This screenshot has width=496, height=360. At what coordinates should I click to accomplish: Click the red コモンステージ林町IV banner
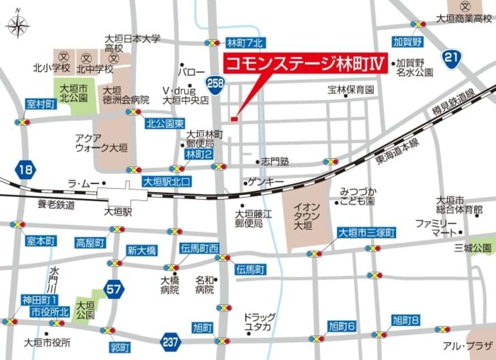coord(303,63)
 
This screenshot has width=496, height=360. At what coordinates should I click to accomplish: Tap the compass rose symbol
coord(18,25)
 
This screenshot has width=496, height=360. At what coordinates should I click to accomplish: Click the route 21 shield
coord(452,57)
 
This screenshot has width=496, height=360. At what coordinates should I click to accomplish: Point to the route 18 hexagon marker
coord(25,169)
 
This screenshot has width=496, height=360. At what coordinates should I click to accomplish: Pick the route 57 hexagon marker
coord(114,289)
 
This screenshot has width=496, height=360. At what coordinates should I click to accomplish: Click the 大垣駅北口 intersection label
coord(166,181)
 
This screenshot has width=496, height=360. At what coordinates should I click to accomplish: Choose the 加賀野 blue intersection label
coord(407,41)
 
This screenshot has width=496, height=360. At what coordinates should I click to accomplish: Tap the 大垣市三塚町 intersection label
coord(366,233)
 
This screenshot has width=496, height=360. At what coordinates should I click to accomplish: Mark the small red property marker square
coord(234,119)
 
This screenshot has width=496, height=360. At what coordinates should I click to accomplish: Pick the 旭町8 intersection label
coord(406,319)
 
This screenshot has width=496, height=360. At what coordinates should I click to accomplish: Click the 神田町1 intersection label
coord(40,299)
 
